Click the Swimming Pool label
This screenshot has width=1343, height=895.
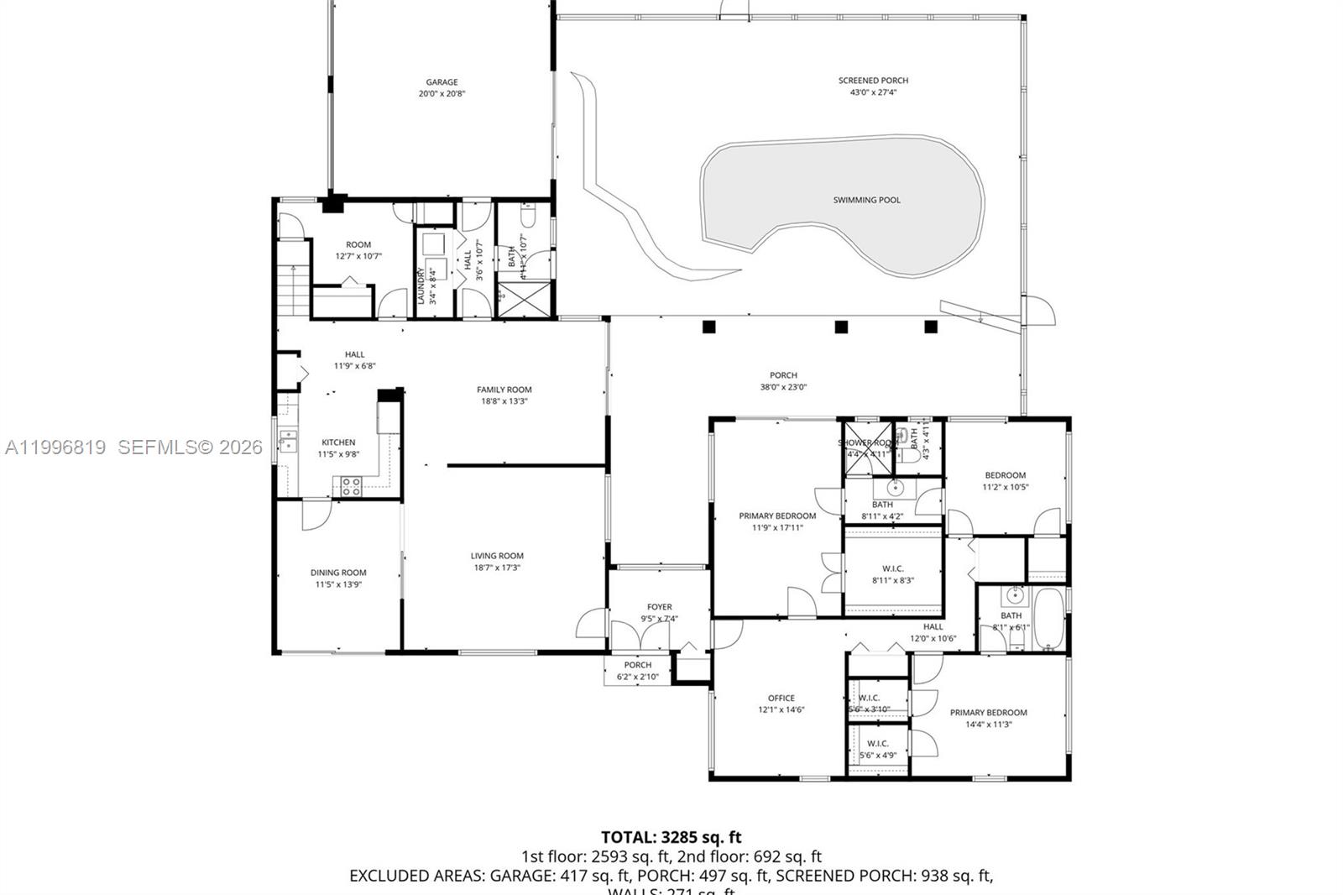[x=866, y=200]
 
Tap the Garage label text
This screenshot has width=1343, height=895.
[x=442, y=82]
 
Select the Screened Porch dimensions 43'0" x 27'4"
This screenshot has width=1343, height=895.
[x=873, y=92]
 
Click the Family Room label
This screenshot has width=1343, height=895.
[x=504, y=390]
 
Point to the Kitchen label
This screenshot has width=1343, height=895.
[x=338, y=442]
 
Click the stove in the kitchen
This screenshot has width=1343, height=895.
[x=350, y=486]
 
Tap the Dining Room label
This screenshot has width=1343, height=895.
[x=338, y=573]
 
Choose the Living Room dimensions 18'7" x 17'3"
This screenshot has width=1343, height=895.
[x=497, y=568]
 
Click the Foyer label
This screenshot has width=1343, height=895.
[x=659, y=607]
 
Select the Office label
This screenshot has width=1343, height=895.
[x=781, y=698]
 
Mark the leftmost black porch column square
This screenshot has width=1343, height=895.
[x=709, y=327]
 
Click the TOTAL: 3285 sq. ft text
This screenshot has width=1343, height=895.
[x=671, y=837]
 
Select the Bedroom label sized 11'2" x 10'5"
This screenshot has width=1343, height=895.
[x=1005, y=475]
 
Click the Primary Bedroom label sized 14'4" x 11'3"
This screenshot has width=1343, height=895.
[x=988, y=713]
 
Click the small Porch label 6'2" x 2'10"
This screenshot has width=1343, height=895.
[x=637, y=665]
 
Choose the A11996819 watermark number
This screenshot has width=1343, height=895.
[x=55, y=447]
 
